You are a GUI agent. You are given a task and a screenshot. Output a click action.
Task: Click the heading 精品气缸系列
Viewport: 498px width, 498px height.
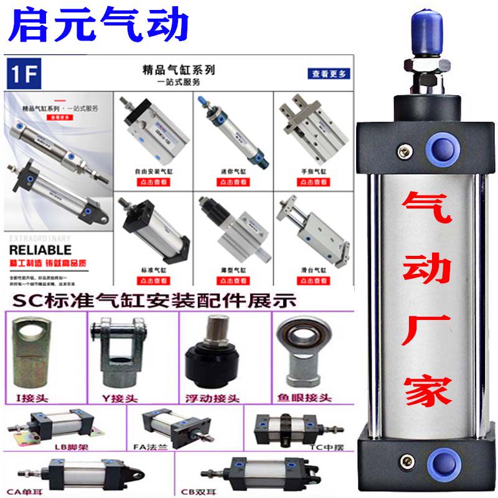(179, 70)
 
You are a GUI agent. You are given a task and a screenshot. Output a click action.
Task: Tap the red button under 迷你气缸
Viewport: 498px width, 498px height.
(228, 182)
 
